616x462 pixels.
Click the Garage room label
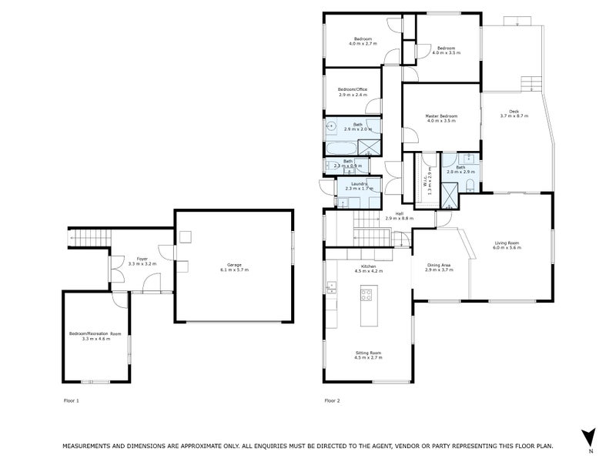point(233,264)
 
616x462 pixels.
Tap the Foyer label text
point(142,259)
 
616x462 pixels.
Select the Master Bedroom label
point(441,116)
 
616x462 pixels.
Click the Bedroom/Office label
point(353,89)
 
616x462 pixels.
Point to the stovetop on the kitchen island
point(367,293)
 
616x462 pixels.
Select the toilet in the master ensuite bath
point(470,183)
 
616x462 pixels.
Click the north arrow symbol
point(589,436)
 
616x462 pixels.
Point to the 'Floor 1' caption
point(71,400)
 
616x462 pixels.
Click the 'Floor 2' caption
point(332,400)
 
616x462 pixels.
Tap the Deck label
point(514,112)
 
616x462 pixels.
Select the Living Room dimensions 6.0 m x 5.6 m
point(507,249)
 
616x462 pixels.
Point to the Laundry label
point(358,183)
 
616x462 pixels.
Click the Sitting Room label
point(367,353)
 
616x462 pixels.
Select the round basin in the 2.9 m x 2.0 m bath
point(332,126)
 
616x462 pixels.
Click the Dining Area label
point(438,266)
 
